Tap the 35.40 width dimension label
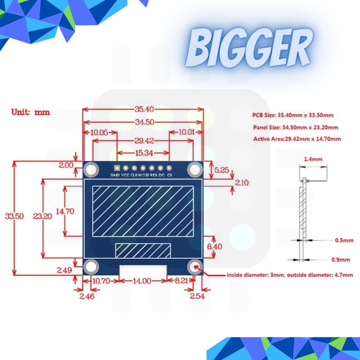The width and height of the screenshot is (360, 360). (144, 109)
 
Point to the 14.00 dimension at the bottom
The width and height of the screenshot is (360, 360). (141, 280)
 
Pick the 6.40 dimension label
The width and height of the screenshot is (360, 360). (215, 247)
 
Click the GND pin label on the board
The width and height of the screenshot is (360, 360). (115, 175)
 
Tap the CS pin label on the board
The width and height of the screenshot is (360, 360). (170, 175)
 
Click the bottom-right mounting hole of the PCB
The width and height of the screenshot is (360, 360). (195, 267)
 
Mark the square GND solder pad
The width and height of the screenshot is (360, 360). (117, 167)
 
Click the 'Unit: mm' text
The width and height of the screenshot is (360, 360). (31, 112)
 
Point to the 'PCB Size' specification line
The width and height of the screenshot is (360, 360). (292, 116)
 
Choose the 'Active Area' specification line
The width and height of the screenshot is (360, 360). (297, 139)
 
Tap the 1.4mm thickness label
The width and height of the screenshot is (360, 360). (313, 159)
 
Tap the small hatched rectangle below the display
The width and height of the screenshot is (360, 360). (144, 250)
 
